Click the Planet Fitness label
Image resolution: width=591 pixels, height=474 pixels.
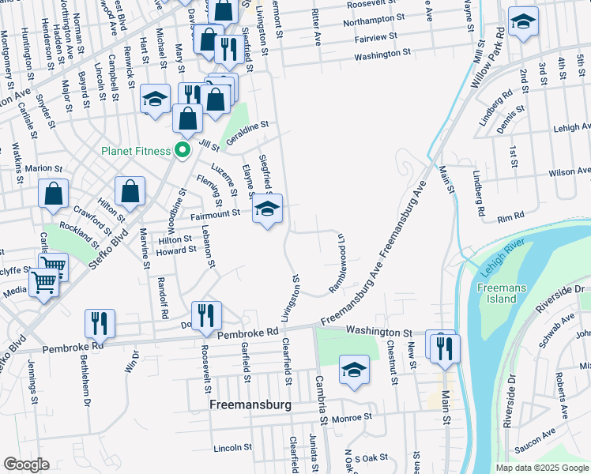pyautogui.click(x=136, y=151)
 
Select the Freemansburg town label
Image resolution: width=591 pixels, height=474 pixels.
pyautogui.click(x=250, y=404)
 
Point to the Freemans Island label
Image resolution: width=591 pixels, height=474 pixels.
pyautogui.click(x=498, y=293)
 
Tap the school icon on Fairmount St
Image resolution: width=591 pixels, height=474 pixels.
pyautogui.click(x=267, y=210)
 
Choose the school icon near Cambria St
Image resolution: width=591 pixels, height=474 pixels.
pyautogui.click(x=354, y=370)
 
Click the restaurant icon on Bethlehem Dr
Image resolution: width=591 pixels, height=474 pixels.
pyautogui.click(x=100, y=323)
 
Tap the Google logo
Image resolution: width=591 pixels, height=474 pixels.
pyautogui.click(x=26, y=464)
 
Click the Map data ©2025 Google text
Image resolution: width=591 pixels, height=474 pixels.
pyautogui.click(x=543, y=468)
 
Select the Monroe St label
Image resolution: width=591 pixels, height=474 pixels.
pyautogui.click(x=352, y=419)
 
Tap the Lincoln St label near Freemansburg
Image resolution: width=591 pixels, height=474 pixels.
pyautogui.click(x=232, y=448)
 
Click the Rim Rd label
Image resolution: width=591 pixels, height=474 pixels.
pyautogui.click(x=510, y=216)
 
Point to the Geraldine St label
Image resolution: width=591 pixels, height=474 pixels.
pyautogui.click(x=247, y=126)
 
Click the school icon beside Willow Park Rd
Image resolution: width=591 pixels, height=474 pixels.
pyautogui.click(x=522, y=23)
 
